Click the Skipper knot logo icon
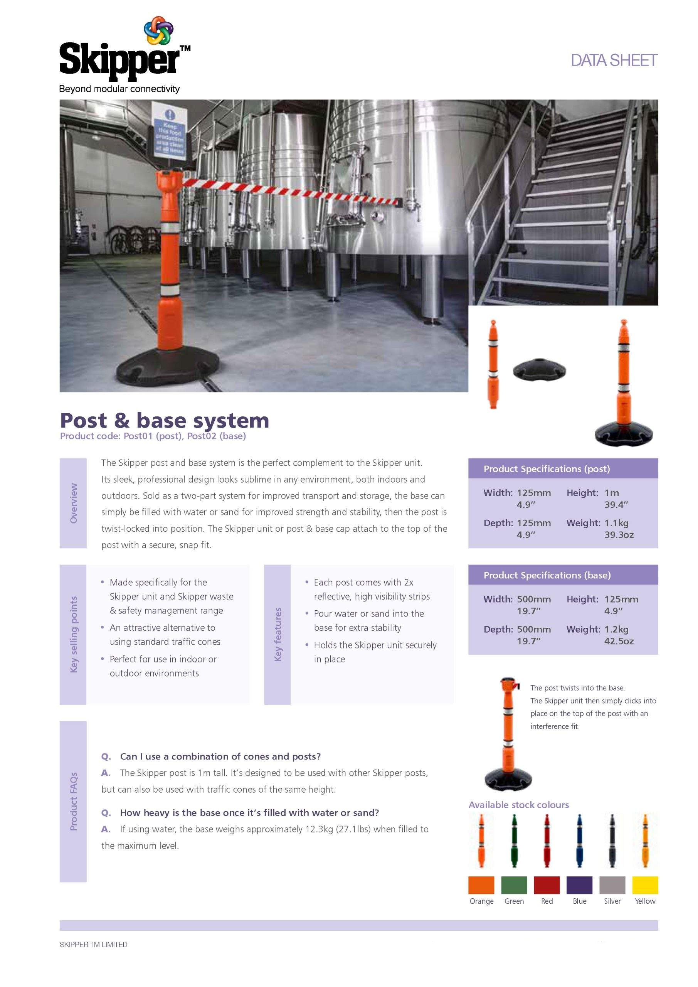click(158, 30)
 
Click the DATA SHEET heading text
click(613, 61)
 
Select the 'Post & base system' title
click(164, 420)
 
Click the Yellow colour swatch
click(645, 885)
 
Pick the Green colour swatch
click(514, 885)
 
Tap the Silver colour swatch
click(612, 885)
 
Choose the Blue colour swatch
click(579, 885)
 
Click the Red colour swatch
click(547, 885)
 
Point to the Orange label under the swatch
click(481, 901)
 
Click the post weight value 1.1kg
click(616, 523)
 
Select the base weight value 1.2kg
click(616, 629)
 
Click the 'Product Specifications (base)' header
click(547, 575)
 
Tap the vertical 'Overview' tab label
click(74, 503)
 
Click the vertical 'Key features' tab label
click(278, 634)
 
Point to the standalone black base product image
click(540, 371)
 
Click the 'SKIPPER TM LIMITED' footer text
click(93, 945)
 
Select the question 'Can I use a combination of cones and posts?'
click(220, 756)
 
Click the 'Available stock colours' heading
click(518, 805)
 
